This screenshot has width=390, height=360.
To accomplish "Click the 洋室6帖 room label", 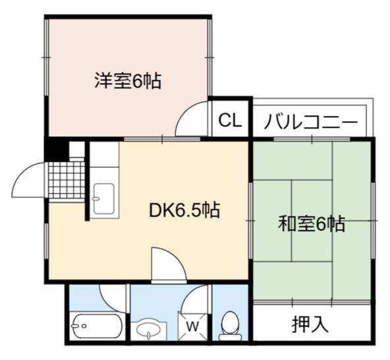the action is (x=128, y=80).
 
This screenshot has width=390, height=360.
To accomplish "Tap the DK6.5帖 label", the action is (x=184, y=210).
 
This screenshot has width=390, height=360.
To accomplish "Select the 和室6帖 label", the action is (x=312, y=224).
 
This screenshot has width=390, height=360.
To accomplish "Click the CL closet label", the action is (x=230, y=120).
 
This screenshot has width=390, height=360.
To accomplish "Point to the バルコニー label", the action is (x=311, y=122).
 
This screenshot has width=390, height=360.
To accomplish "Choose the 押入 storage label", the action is (x=310, y=324).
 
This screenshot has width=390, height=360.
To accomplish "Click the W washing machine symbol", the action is (x=192, y=326).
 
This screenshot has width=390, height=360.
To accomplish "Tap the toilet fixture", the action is (x=230, y=326).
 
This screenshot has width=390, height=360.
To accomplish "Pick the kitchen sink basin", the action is (x=104, y=199).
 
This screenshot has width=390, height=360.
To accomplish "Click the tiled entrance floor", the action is (x=67, y=180).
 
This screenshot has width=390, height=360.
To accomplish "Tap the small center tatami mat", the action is (x=312, y=220).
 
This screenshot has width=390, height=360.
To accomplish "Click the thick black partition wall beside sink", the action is (x=87, y=181).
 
